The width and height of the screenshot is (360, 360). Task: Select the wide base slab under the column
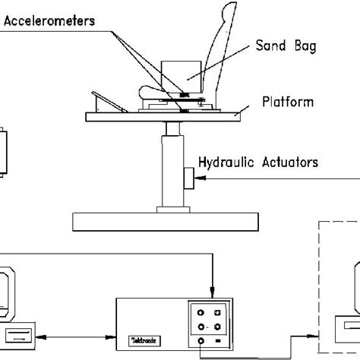click(x=167, y=220)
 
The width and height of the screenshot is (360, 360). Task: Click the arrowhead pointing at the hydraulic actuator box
click(x=199, y=179)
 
